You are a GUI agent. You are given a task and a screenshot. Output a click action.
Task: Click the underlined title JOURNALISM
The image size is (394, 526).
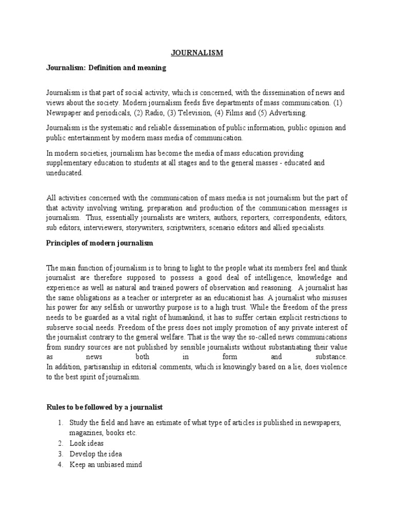[x=197, y=52]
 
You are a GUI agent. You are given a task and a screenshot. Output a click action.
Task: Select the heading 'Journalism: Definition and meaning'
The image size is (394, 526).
[x=106, y=67]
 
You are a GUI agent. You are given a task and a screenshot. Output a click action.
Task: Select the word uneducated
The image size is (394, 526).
[x=64, y=173]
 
